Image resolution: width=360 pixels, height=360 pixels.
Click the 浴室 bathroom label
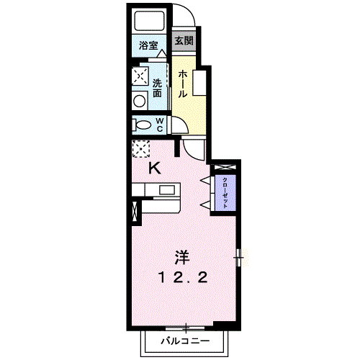[x=148, y=45]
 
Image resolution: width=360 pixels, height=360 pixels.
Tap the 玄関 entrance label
[x=184, y=40]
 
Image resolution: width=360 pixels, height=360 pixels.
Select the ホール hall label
[x=182, y=84]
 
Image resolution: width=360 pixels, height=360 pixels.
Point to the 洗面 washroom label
[x=157, y=88]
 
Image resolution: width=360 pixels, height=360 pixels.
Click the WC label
[x=160, y=125]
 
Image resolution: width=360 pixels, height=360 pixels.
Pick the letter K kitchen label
[x=155, y=168]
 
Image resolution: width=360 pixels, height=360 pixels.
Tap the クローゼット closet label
[x=225, y=193]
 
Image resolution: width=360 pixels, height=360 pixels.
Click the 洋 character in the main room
[x=181, y=258]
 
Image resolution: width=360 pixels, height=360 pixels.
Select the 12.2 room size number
[x=182, y=278]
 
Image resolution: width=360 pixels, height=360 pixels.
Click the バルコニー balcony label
[x=185, y=341]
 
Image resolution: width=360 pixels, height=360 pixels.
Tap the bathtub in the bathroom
[x=149, y=21]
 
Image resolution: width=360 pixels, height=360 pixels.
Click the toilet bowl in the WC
[x=142, y=125]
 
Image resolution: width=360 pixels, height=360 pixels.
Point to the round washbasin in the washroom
[x=139, y=102]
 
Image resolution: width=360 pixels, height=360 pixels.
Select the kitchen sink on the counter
[x=167, y=190]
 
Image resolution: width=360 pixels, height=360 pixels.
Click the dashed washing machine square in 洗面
[x=140, y=76]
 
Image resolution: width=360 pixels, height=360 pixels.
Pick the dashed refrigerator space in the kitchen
[x=141, y=149]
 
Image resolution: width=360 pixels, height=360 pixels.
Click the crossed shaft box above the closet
[x=223, y=167]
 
